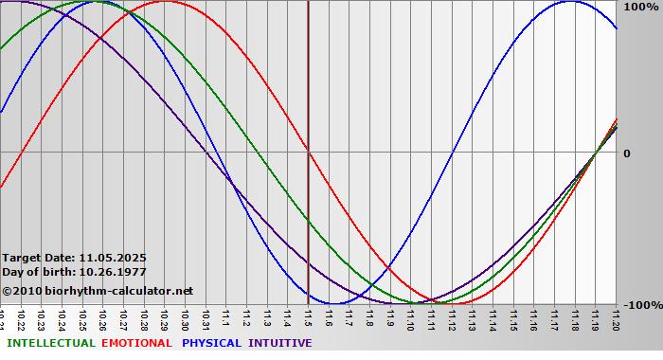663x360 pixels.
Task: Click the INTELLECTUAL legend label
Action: pyautogui.click(x=50, y=343)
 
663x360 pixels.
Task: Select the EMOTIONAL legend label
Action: pyautogui.click(x=136, y=343)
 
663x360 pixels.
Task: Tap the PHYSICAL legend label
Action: pyautogui.click(x=212, y=343)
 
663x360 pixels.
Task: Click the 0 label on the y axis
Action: pyautogui.click(x=626, y=153)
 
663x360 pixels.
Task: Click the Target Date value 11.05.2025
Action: pyautogui.click(x=113, y=258)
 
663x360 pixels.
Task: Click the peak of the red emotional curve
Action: pyautogui.click(x=165, y=2)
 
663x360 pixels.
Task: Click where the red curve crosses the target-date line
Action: pyautogui.click(x=308, y=152)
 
